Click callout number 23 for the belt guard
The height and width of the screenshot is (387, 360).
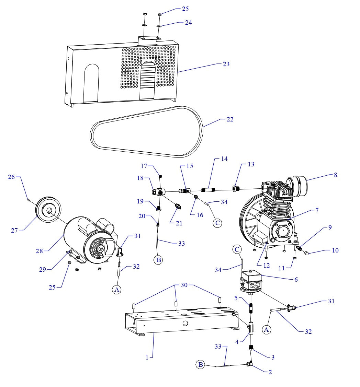pos(226,64)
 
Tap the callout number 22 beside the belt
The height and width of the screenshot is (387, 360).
pos(230,119)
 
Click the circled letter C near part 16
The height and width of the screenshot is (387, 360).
pos(217,223)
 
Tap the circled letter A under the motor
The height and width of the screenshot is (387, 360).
pos(117,290)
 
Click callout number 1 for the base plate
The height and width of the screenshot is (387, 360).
pos(147,357)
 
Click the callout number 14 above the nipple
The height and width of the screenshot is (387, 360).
pos(224,159)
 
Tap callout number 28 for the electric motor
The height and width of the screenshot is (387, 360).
pos(39,251)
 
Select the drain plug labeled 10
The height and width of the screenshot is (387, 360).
pos(307,253)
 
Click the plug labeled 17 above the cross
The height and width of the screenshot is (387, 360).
pos(160,177)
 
